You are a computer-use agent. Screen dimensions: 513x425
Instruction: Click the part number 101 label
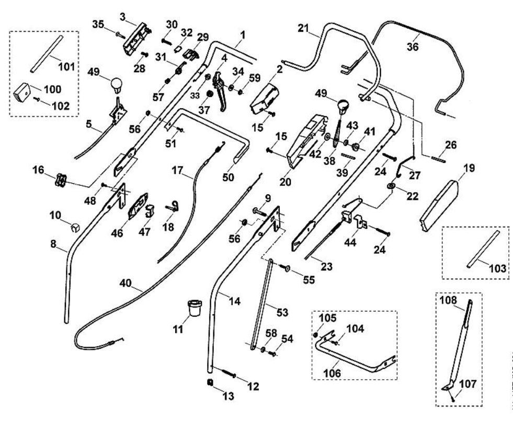click(x=67, y=67)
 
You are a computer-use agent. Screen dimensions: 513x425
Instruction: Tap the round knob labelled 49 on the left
click(x=116, y=85)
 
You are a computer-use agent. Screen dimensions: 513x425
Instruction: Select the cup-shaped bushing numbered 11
click(x=195, y=308)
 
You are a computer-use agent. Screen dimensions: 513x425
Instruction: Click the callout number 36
click(x=413, y=46)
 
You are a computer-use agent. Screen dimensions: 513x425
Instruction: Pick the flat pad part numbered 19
click(x=438, y=206)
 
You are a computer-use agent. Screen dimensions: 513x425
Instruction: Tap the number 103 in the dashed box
click(x=498, y=268)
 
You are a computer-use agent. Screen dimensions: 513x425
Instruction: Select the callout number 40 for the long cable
click(x=126, y=283)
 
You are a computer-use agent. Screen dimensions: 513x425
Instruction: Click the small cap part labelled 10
click(x=75, y=227)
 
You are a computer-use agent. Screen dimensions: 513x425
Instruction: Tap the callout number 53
click(x=282, y=312)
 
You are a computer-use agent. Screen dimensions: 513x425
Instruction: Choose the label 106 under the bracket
click(x=332, y=373)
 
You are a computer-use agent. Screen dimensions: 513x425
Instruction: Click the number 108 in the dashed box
click(x=448, y=300)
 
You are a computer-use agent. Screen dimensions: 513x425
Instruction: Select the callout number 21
click(x=303, y=28)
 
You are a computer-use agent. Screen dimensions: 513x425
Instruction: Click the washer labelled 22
click(x=391, y=186)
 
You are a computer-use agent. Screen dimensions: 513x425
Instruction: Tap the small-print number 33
click(x=195, y=96)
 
